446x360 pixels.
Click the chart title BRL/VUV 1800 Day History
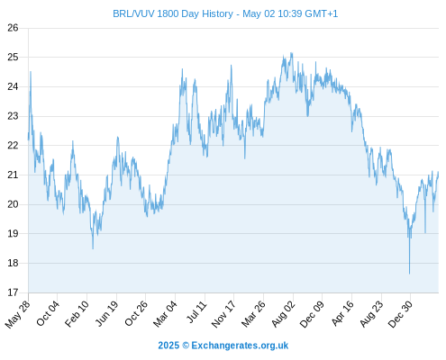pyautogui.click(x=173, y=13)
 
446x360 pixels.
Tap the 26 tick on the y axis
pyautogui.click(x=13, y=28)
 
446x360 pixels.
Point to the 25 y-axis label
pyautogui.click(x=13, y=57)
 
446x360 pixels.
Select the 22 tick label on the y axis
pyautogui.click(x=13, y=146)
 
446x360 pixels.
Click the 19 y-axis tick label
pyautogui.click(x=13, y=234)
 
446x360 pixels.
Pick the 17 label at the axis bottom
pyautogui.click(x=13, y=292)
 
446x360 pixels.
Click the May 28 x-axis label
pyautogui.click(x=18, y=314)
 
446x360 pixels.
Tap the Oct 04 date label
pyautogui.click(x=48, y=313)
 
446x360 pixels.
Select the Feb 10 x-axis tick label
pyautogui.click(x=77, y=313)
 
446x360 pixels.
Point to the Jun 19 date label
pyautogui.click(x=107, y=313)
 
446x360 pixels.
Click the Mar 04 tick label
pyautogui.click(x=166, y=314)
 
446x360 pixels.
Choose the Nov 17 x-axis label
pyautogui.click(x=223, y=314)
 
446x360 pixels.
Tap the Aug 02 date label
pyautogui.click(x=284, y=314)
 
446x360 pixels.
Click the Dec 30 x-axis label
pyautogui.click(x=401, y=314)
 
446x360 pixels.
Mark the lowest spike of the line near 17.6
pyautogui.click(x=409, y=274)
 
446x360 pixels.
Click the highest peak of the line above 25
pyautogui.click(x=291, y=53)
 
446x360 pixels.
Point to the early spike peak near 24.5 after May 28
pyautogui.click(x=31, y=72)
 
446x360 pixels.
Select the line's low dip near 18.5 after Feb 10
pyautogui.click(x=93, y=248)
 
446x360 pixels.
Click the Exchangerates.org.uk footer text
pyautogui.click(x=240, y=346)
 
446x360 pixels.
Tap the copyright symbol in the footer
pyautogui.click(x=186, y=346)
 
